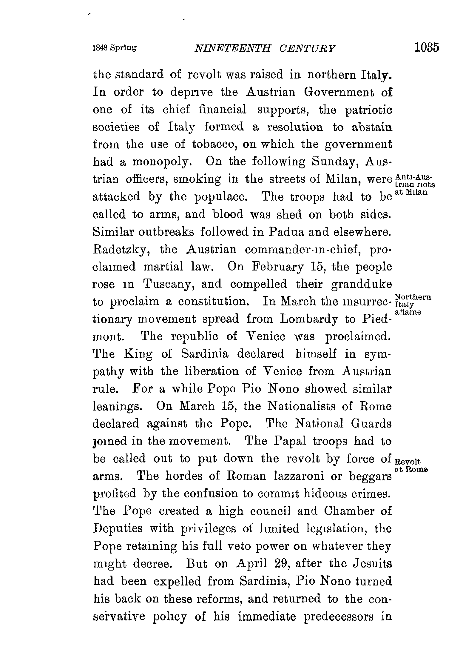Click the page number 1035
coord(427,48)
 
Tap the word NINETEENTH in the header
coord(232,48)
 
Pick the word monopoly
coord(160,162)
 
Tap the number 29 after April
coord(280,564)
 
